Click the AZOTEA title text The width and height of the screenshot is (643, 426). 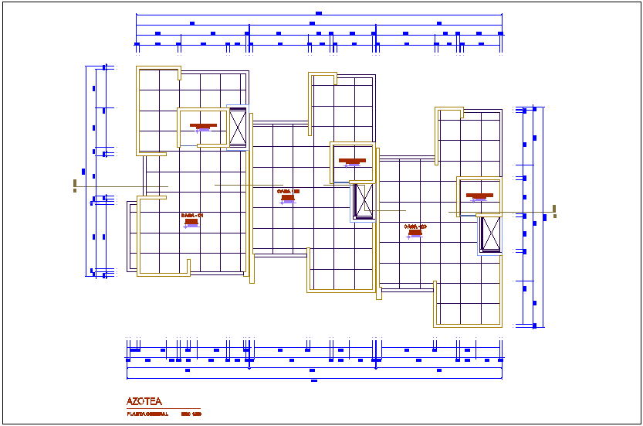(x=144, y=401)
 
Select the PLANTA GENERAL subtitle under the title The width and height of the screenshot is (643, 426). (x=147, y=414)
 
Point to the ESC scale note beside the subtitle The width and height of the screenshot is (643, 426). (x=191, y=414)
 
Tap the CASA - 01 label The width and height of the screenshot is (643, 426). (x=191, y=215)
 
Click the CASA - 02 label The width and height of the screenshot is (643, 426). (x=287, y=190)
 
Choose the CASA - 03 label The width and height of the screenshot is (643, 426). (x=415, y=226)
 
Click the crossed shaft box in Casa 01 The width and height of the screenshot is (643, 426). (x=237, y=125)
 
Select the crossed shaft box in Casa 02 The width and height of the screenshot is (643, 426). (x=362, y=201)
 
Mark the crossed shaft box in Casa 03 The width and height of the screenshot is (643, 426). (x=489, y=234)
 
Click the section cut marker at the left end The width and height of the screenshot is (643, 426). (x=75, y=185)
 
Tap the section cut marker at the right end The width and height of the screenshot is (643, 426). (x=555, y=209)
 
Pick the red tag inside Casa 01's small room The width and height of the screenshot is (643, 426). (x=204, y=125)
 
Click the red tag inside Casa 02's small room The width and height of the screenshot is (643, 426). (x=352, y=161)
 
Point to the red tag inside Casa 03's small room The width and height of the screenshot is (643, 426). (x=479, y=195)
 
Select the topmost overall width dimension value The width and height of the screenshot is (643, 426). (x=319, y=13)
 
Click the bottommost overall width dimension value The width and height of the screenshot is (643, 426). (x=313, y=380)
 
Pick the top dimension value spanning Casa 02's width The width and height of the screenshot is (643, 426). (x=313, y=24)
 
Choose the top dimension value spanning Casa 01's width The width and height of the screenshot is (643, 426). (x=192, y=24)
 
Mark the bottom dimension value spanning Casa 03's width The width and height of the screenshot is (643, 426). (x=438, y=370)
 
